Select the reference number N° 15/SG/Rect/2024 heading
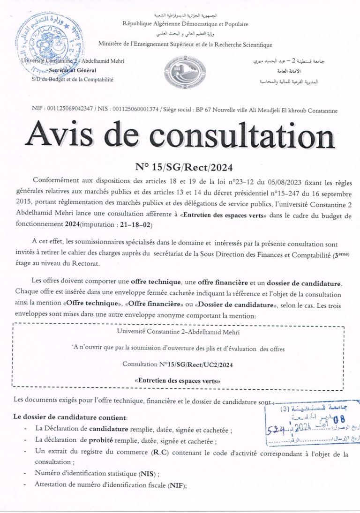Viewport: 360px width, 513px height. (184, 167)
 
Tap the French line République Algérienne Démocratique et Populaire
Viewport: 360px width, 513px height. (185, 24)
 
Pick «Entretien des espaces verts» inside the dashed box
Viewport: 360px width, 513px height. (177, 381)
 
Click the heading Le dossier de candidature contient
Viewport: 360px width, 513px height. (70, 416)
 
